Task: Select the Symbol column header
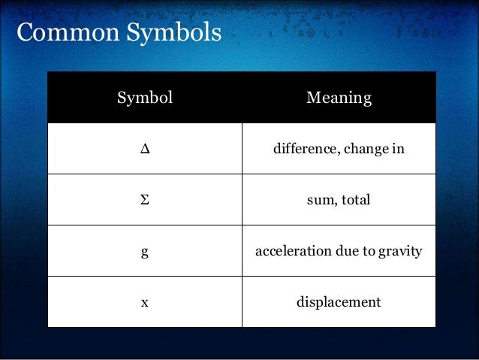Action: [145, 98]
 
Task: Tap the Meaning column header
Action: [339, 98]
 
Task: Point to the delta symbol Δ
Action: [145, 149]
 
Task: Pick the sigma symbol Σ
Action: [145, 200]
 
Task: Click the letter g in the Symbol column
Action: [145, 252]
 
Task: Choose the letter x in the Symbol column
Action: [145, 303]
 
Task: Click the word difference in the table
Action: [303, 149]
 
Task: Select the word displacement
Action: [339, 302]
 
